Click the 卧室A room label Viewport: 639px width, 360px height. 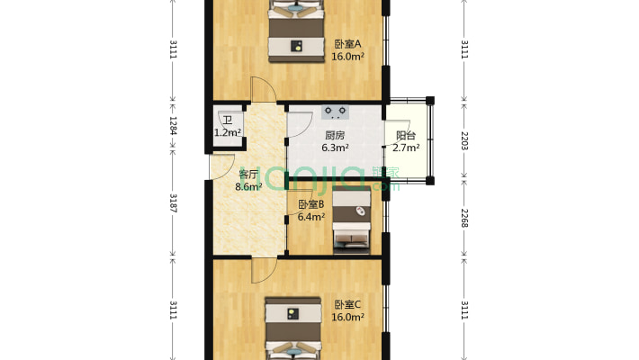[x=347, y=43]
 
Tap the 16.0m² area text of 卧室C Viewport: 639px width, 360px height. [x=347, y=317]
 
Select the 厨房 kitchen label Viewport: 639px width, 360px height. [x=335, y=135]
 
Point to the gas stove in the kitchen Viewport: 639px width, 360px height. [x=335, y=112]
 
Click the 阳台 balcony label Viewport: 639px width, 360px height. [x=406, y=135]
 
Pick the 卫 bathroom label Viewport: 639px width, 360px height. [x=228, y=121]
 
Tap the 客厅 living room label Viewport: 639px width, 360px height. [x=248, y=174]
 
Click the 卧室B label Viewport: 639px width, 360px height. [x=310, y=204]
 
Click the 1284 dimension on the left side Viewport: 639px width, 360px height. [x=173, y=126]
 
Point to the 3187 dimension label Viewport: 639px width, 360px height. [x=173, y=203]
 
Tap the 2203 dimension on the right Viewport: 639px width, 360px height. [x=464, y=140]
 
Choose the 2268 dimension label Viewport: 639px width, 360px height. [x=464, y=218]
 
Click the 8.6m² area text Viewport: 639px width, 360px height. [x=248, y=186]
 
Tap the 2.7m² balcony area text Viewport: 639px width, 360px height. [x=406, y=148]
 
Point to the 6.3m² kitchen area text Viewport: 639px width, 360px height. [x=335, y=148]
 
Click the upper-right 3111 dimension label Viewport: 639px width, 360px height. [x=464, y=49]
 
